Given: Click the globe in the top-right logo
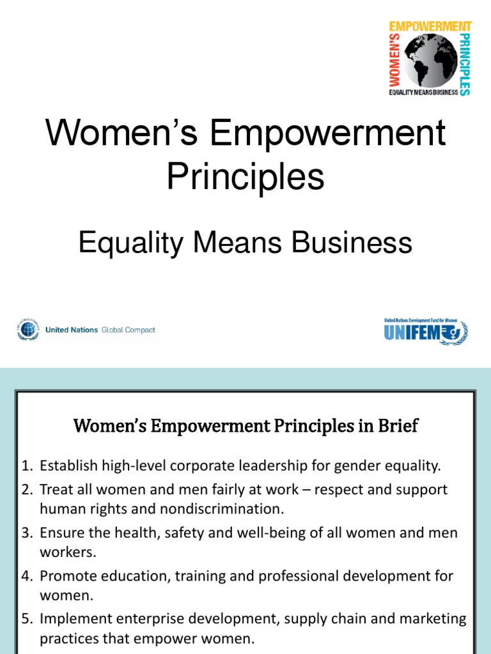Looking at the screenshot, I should pos(428,60).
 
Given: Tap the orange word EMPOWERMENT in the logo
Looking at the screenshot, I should pos(430,27).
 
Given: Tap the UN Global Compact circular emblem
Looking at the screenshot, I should pos(27,330).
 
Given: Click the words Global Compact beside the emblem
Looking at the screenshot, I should pos(129,330).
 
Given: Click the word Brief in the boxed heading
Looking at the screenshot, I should pos(398,426).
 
